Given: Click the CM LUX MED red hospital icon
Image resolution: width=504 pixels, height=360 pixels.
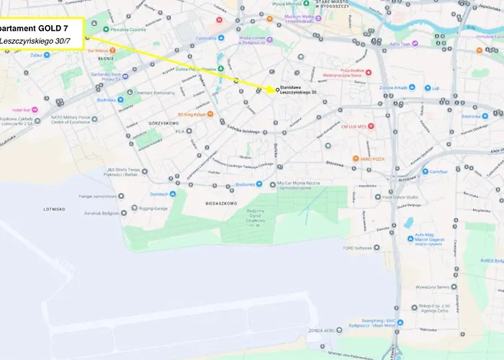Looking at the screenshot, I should (x=372, y=126).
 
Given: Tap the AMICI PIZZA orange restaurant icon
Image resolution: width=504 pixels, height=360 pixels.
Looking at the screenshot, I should (x=356, y=158).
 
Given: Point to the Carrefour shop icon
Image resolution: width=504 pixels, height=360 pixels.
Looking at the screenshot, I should (x=426, y=171).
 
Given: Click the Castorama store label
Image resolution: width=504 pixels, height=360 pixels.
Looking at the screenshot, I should (x=205, y=37).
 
